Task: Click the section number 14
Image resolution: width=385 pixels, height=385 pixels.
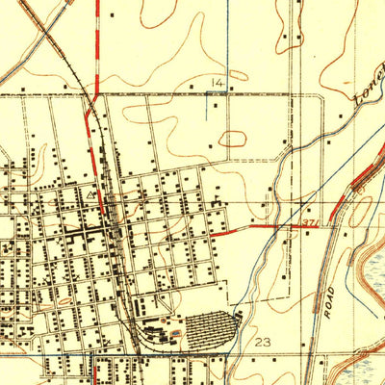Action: point(218,85)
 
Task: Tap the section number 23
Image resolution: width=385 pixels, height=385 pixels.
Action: point(265,342)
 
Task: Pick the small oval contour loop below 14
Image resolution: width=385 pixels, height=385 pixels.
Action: point(233,139)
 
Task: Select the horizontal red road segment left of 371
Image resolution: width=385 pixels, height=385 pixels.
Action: point(231,232)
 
